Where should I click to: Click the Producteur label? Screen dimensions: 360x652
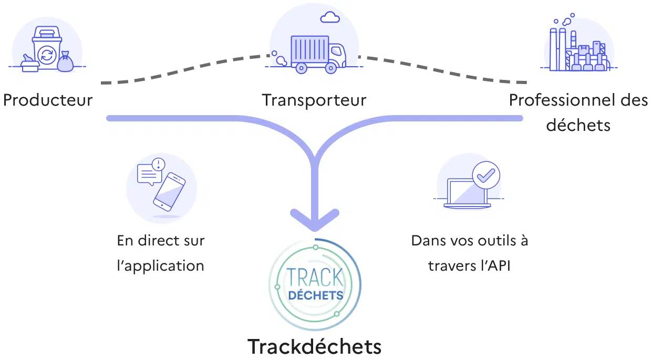pos(48,100)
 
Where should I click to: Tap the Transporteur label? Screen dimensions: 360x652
pos(314,100)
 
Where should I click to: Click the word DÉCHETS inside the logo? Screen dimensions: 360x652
pos(315,295)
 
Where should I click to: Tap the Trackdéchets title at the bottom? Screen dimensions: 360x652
pos(314,347)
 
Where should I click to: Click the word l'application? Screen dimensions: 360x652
pos(160,266)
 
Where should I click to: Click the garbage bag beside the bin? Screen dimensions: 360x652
pos(66,62)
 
